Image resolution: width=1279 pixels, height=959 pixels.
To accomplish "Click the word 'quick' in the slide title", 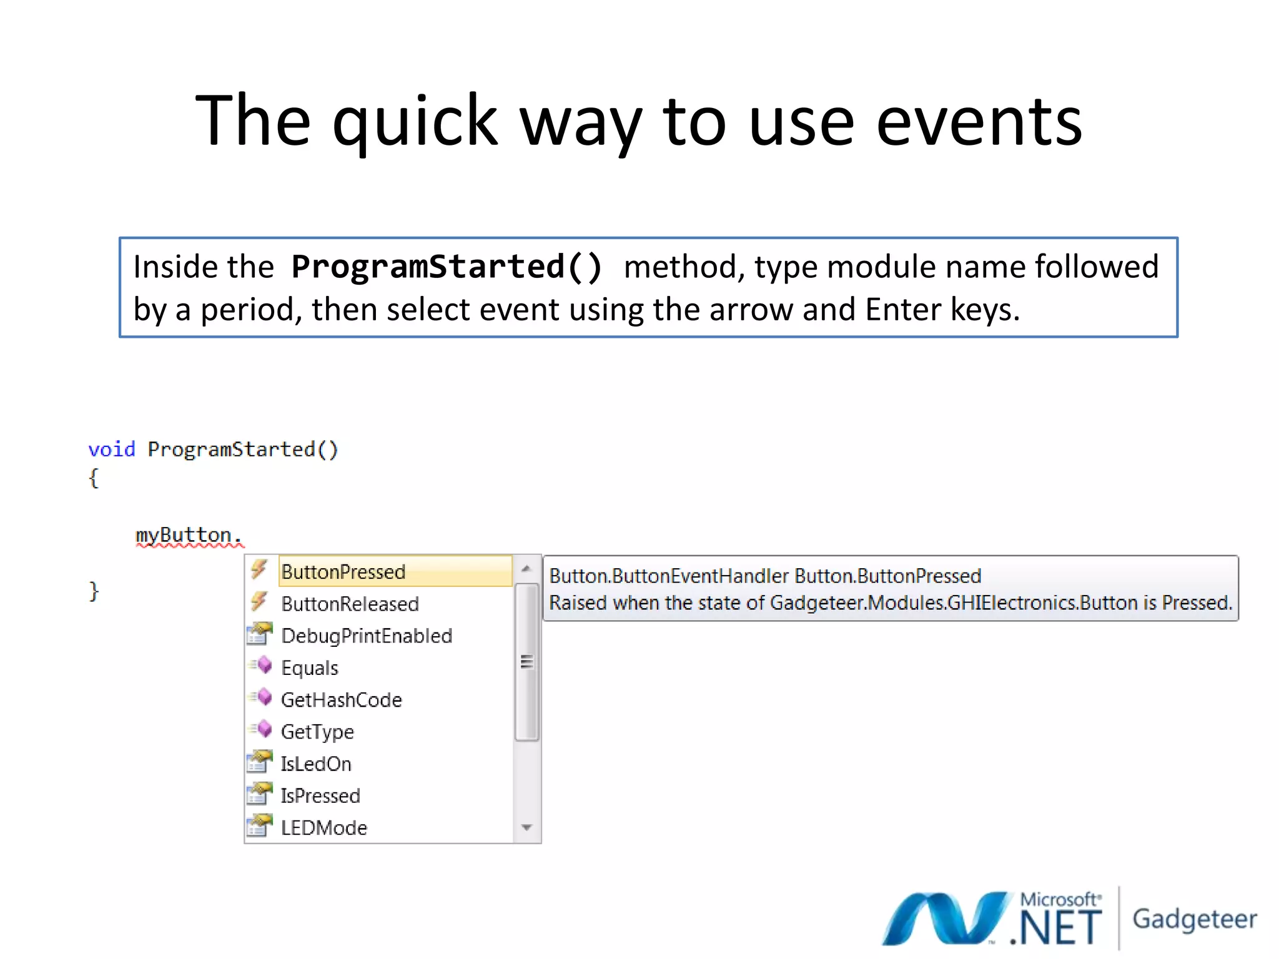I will (415, 122).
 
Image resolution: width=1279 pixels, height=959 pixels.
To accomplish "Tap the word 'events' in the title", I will (979, 122).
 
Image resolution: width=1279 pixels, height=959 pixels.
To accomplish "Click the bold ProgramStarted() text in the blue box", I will (447, 267).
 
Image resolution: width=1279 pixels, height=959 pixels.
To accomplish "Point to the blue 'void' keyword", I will (112, 450).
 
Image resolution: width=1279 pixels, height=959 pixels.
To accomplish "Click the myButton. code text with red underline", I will (188, 535).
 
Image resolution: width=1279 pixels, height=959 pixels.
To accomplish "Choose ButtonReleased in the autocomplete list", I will (350, 604).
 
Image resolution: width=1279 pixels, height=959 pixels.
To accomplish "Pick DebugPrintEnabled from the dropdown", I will (367, 636).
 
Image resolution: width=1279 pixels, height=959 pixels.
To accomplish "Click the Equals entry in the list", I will (310, 668).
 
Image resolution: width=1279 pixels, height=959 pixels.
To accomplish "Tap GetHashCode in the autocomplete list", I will (342, 700).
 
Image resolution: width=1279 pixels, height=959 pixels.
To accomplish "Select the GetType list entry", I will (317, 732).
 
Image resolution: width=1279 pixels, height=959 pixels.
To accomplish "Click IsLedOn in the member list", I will (316, 764).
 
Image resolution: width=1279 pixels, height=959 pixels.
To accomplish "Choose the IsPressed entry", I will (320, 795).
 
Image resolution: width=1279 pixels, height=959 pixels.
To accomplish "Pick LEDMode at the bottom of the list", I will (324, 828).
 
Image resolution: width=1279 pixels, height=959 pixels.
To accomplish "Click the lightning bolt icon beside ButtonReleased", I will (259, 602).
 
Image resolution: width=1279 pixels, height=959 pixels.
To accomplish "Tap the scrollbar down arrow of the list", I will (526, 828).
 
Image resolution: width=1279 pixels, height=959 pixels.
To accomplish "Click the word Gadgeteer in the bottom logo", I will (1195, 918).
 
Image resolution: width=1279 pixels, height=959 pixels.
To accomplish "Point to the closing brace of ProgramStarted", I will (94, 591).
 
